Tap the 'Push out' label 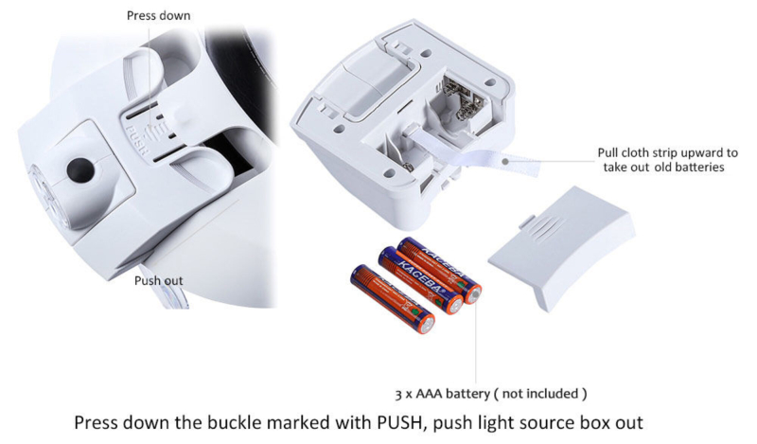click(x=158, y=280)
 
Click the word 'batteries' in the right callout click(x=701, y=168)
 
